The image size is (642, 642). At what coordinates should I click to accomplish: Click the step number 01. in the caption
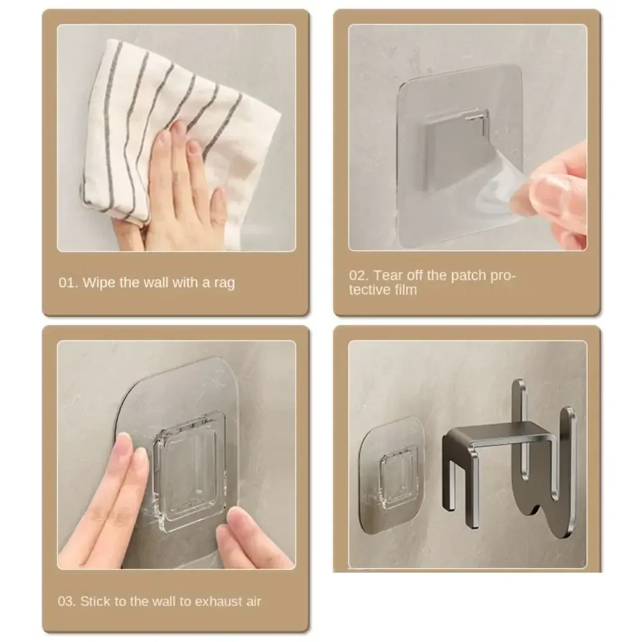[x=68, y=282]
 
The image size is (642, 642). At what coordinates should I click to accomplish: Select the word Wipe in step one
[x=100, y=282]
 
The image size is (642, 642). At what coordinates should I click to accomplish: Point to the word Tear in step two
[x=387, y=275]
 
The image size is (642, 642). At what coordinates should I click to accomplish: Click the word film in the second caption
[x=404, y=290]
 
